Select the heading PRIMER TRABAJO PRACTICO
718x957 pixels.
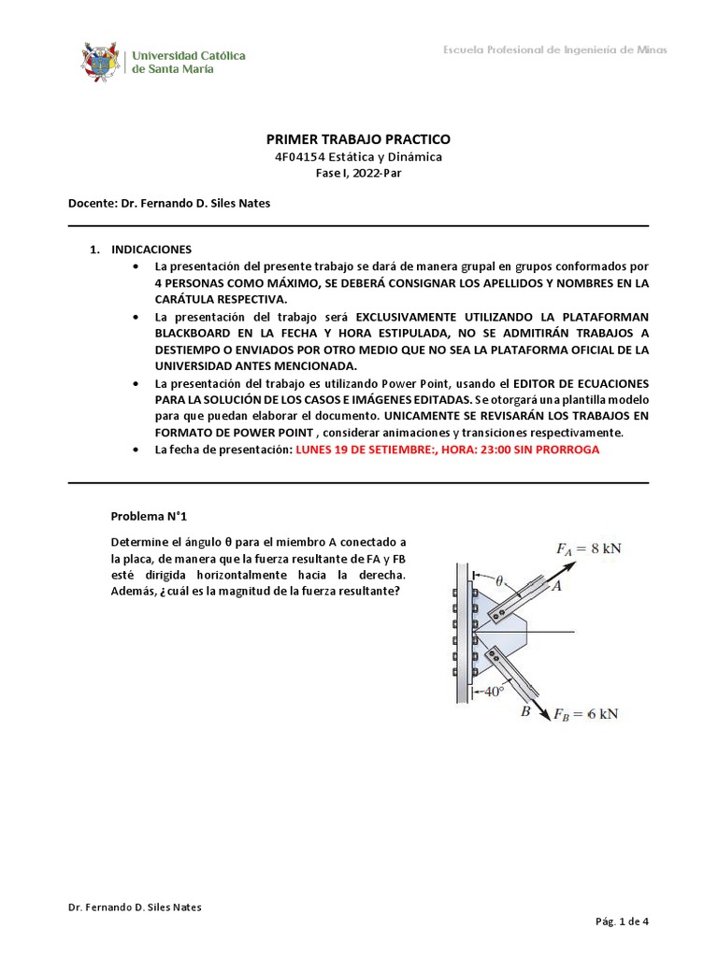(x=359, y=138)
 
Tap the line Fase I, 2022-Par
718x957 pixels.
(x=359, y=174)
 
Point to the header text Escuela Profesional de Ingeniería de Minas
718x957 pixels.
(x=555, y=50)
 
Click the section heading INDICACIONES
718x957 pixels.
(x=151, y=250)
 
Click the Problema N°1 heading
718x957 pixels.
(x=154, y=516)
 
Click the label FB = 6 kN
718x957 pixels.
(x=585, y=714)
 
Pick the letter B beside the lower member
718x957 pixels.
(x=525, y=712)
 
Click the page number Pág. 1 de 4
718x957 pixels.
(x=622, y=921)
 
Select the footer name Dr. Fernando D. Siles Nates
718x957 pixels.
(x=135, y=907)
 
